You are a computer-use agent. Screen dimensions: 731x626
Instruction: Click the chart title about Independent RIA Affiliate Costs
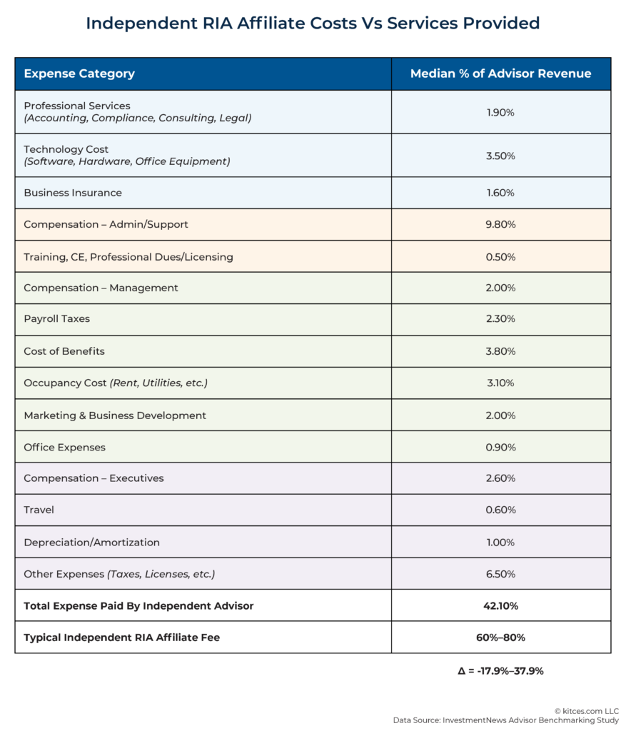pos(313,24)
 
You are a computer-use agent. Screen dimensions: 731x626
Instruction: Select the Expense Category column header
pos(79,74)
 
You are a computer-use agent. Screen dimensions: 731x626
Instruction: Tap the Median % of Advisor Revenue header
pos(500,74)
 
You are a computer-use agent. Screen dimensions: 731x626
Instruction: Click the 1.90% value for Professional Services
pos(500,112)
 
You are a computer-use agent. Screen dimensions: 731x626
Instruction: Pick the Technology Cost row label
pos(66,149)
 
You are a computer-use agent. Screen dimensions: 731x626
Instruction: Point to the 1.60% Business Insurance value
pos(500,193)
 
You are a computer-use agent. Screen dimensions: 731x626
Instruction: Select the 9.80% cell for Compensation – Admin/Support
pos(500,224)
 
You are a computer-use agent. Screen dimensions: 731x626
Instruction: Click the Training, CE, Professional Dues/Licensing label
pos(128,256)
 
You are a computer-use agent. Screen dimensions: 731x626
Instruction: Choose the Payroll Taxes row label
pos(57,319)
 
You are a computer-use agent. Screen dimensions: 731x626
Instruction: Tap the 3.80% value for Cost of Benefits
pos(500,351)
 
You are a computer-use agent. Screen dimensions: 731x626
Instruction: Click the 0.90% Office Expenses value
pos(500,447)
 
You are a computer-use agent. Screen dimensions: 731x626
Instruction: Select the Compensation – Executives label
pos(94,478)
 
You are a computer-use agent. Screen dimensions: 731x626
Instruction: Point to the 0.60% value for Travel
pos(500,510)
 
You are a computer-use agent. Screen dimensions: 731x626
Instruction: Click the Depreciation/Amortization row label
pos(92,542)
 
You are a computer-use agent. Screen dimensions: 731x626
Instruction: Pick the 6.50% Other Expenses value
pos(500,574)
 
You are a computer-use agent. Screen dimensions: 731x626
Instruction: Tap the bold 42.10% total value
pos(500,606)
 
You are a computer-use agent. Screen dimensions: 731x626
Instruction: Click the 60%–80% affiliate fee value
pos(500,637)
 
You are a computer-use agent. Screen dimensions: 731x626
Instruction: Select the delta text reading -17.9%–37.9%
pos(500,671)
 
